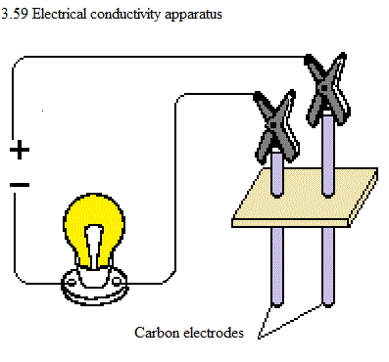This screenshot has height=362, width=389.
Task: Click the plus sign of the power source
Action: (20, 150)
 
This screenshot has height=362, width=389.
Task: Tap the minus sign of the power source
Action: (20, 185)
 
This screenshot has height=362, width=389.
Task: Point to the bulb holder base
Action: (94, 286)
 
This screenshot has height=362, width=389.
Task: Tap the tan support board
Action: (306, 198)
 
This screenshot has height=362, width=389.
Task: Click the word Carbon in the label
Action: (158, 333)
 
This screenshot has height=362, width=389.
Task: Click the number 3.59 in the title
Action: (15, 14)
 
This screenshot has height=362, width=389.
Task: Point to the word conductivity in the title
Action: (125, 15)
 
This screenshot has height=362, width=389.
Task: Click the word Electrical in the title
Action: (60, 14)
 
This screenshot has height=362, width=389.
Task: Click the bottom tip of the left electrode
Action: (276, 306)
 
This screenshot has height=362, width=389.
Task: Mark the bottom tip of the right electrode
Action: (328, 306)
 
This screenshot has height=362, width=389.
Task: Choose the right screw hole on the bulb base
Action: (118, 281)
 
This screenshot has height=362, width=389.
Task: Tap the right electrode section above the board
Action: (327, 155)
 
